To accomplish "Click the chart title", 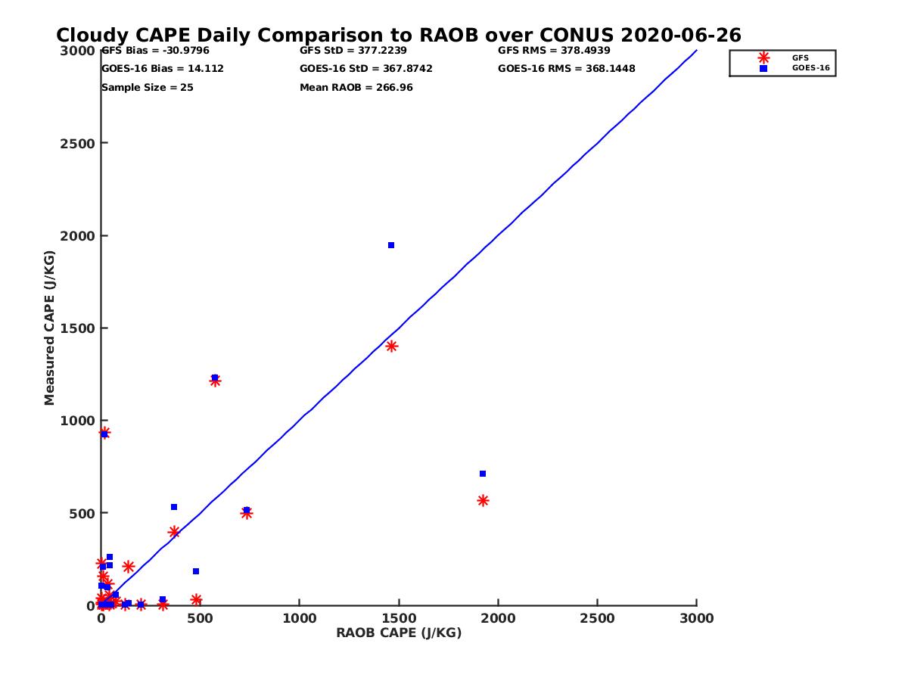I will point(399,36).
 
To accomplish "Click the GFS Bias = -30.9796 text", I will point(155,51).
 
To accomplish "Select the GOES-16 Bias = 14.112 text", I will point(162,69).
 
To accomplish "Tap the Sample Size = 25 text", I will point(147,88).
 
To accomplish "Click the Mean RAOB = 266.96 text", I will point(356,88).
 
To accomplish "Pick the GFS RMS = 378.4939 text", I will point(554,51).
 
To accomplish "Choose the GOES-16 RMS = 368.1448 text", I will point(566,69).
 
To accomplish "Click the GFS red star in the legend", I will point(763,58).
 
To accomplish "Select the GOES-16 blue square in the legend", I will point(763,68).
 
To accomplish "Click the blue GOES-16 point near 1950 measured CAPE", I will point(391,245).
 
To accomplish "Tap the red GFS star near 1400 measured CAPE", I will point(391,347).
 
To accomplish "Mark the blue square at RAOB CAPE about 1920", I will point(483,474).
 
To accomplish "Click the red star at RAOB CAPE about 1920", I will point(483,501).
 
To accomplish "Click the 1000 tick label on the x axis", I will point(300,619).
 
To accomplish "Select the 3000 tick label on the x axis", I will point(697,619).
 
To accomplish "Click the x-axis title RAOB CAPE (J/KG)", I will point(399,633).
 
